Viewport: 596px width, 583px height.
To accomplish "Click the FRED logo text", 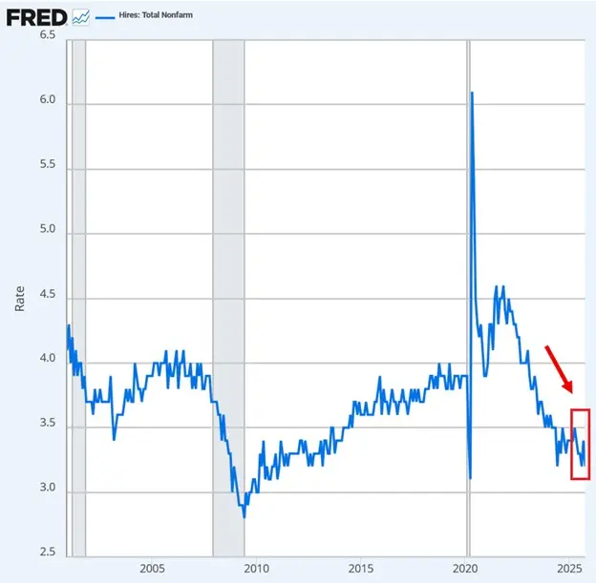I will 36,16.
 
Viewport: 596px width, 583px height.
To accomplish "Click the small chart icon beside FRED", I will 81,17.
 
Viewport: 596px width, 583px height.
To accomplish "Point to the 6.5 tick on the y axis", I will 47,34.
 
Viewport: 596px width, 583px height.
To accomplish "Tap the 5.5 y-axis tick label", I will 47,165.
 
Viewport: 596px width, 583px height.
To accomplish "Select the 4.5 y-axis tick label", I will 47,296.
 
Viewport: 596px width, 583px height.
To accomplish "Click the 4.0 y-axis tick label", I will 47,361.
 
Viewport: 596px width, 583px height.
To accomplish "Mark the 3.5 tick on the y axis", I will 47,426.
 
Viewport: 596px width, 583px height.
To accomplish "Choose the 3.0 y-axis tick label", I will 47,490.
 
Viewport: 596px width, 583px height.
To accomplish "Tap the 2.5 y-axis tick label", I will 47,554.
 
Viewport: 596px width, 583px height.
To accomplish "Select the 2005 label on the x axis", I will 152,570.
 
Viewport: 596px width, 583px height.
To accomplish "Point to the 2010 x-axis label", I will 256,570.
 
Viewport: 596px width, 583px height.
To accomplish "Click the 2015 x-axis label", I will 361,570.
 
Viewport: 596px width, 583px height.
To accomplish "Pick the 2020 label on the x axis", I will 466,570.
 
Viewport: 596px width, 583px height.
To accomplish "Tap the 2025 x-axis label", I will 570,570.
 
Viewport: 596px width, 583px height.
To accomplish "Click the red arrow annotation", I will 559,368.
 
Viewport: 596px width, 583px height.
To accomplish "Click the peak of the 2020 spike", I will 472,93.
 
